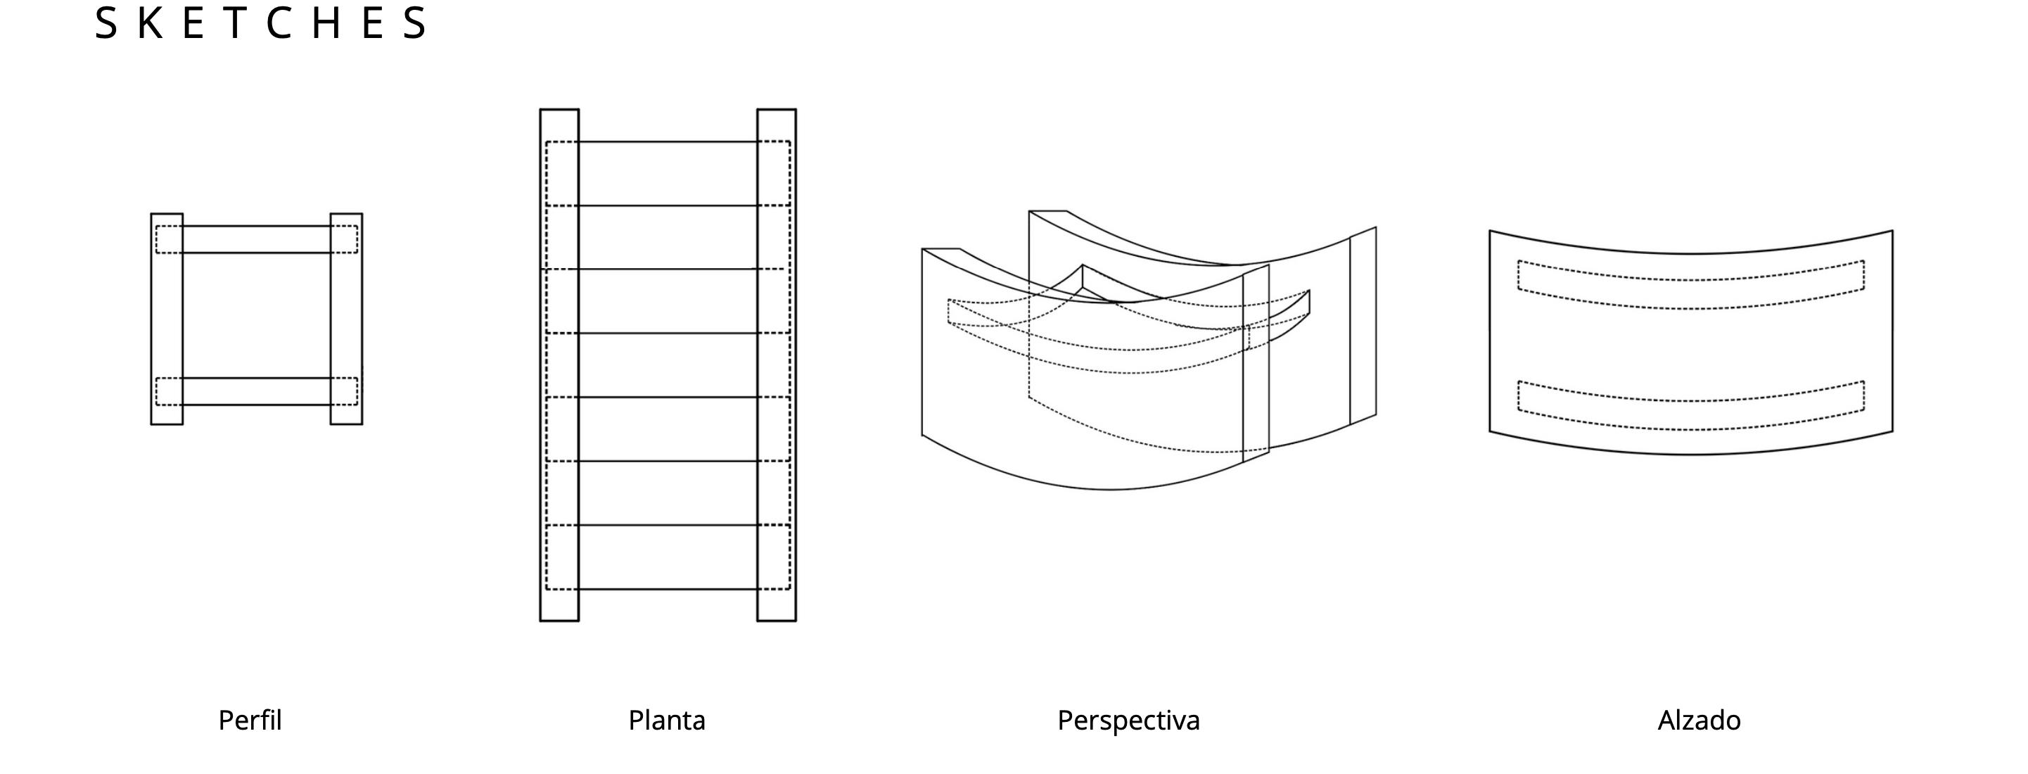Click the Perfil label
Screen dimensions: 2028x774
[250, 721]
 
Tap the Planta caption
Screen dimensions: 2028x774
[667, 721]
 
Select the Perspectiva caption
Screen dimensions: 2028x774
[1128, 721]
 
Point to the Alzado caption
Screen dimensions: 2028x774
[1699, 721]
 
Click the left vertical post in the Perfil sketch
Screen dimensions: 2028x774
[167, 319]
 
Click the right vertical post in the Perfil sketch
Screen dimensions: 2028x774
[346, 319]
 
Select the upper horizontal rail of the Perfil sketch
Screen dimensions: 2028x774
[257, 239]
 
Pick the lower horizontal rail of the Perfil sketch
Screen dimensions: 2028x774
[257, 391]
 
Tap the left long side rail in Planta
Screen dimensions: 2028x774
[559, 364]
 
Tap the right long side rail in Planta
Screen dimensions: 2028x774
[777, 364]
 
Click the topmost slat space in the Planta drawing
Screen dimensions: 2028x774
[668, 174]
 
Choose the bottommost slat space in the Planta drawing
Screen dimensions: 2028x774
[668, 557]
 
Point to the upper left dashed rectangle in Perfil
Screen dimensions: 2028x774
[169, 239]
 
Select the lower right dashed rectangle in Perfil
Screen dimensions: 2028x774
[344, 391]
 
